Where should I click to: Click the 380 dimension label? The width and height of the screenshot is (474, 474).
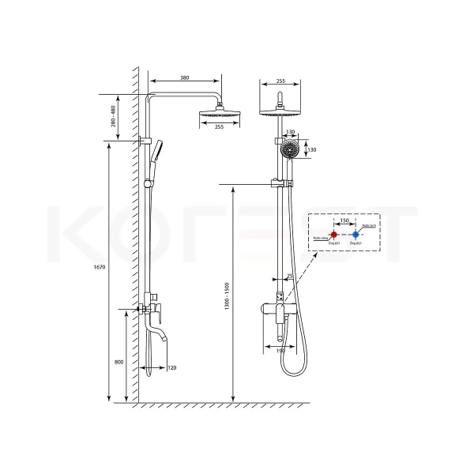[184, 78]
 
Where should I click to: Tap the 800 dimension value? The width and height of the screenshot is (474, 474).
[119, 362]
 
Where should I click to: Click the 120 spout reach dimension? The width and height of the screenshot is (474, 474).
[171, 368]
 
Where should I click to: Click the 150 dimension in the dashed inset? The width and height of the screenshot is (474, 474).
[344, 222]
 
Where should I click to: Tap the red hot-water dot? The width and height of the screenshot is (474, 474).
[334, 235]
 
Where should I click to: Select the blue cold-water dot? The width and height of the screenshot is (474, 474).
[356, 235]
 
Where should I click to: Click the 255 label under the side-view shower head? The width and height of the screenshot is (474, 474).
[219, 126]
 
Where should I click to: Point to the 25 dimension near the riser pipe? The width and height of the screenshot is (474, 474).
[290, 276]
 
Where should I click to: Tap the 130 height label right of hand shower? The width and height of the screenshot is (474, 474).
[311, 149]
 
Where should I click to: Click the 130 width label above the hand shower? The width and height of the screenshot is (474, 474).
[290, 132]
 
